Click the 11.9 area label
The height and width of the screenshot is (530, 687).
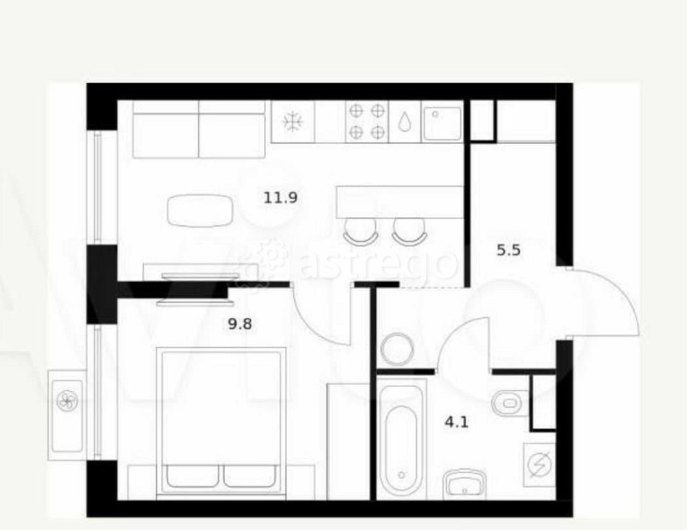tap(280, 198)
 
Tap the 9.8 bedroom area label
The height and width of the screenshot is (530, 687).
tap(240, 324)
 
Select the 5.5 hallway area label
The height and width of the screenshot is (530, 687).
tap(508, 250)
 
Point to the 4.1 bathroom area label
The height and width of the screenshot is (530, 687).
tap(457, 422)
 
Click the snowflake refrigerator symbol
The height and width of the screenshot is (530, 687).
tap(292, 122)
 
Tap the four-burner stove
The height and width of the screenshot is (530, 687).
tap(367, 122)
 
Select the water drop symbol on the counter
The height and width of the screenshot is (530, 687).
tap(405, 122)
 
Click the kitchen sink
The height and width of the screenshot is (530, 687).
tap(442, 122)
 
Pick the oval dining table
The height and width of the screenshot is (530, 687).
tap(200, 211)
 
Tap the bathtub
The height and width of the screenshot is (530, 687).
tap(401, 439)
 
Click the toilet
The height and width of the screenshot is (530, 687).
tap(510, 402)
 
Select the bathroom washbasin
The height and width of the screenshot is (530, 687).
tap(464, 485)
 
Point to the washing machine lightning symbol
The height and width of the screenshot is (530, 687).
tap(539, 465)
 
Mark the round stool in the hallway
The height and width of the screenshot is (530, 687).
tap(397, 349)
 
